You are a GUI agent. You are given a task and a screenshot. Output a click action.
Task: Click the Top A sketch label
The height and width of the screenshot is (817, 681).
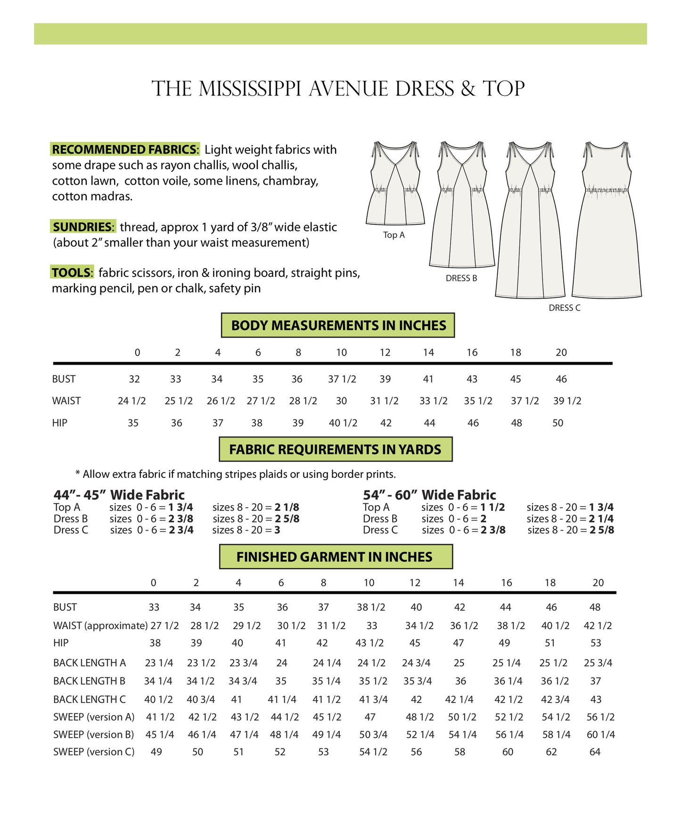click(x=394, y=235)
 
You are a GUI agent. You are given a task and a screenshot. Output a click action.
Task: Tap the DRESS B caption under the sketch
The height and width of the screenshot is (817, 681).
click(x=461, y=278)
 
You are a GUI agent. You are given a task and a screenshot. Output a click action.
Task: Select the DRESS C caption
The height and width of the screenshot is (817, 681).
click(x=564, y=308)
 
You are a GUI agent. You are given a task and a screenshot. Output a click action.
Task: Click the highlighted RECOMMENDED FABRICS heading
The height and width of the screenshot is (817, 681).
click(x=125, y=149)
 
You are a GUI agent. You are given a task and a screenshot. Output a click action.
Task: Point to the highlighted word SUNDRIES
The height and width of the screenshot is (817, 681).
click(x=82, y=227)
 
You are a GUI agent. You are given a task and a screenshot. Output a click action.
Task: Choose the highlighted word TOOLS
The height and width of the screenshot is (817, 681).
click(x=72, y=272)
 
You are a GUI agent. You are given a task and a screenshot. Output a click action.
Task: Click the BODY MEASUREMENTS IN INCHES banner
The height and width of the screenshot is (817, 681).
click(x=338, y=325)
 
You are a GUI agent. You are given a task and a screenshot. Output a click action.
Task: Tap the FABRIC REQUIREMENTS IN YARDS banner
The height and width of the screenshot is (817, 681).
click(x=335, y=449)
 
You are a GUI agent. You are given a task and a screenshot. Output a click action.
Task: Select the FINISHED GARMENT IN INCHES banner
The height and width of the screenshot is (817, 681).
click(x=334, y=556)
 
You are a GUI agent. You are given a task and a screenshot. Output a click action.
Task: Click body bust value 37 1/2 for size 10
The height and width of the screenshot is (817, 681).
click(x=342, y=379)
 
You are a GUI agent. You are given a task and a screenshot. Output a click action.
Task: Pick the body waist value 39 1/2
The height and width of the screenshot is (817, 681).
click(x=567, y=400)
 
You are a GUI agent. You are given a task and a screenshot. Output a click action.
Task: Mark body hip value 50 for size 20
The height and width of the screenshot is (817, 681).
click(x=558, y=423)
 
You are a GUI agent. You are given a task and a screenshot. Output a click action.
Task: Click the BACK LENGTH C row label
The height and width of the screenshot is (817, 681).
click(x=90, y=699)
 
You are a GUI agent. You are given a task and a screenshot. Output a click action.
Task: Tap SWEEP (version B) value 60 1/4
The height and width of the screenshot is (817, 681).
click(x=600, y=734)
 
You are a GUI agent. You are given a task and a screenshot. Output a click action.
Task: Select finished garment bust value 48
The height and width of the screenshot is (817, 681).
click(x=595, y=607)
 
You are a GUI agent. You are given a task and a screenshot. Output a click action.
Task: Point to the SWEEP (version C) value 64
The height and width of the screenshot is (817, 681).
click(x=595, y=752)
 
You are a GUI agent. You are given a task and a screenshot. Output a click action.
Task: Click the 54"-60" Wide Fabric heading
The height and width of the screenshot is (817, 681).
click(x=429, y=495)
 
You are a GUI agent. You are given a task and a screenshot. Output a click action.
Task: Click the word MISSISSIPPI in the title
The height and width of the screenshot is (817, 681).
click(x=250, y=89)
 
